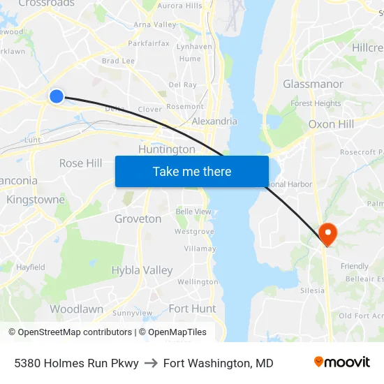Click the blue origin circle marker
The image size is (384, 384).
click(57, 96)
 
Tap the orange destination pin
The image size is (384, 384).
click(327, 232)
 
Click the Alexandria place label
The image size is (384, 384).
click(214, 121)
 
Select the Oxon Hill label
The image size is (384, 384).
click(331, 124)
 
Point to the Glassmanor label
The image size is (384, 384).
click(313, 84)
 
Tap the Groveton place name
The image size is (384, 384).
click(138, 219)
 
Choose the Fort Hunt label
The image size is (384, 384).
click(192, 309)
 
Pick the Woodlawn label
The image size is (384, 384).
click(76, 309)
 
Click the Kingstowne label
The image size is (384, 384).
click(35, 200)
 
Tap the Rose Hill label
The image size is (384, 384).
click(80, 163)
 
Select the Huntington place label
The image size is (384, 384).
click(167, 149)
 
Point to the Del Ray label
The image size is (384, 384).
click(182, 84)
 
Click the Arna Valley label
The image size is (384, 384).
click(155, 24)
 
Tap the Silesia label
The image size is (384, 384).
click(311, 290)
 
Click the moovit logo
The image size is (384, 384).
click(341, 362)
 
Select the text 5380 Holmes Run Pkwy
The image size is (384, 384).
click(76, 363)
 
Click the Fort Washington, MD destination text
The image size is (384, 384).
click(219, 363)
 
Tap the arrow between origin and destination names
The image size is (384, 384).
click(151, 363)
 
